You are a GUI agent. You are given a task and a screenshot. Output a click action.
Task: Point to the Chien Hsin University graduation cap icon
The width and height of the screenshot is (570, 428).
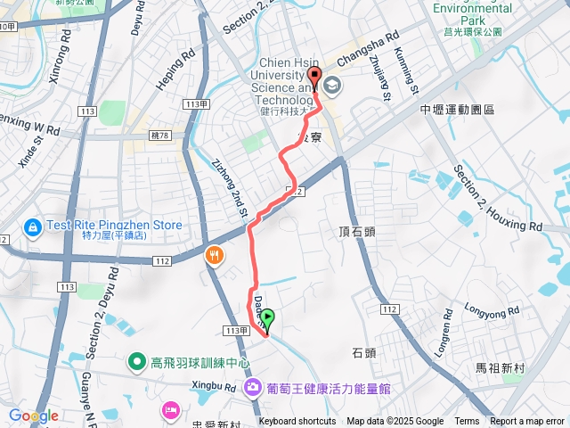[x=333, y=86]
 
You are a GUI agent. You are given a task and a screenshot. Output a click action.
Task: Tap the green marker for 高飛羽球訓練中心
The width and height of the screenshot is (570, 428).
[x=136, y=361]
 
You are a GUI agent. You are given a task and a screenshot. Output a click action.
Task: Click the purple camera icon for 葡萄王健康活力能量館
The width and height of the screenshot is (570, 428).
[x=252, y=387]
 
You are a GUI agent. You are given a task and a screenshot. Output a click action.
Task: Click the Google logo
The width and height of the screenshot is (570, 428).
[x=33, y=416]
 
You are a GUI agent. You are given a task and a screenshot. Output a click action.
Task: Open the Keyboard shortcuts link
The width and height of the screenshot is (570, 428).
[x=297, y=422]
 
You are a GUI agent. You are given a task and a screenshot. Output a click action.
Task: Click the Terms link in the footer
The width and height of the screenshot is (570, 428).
[x=467, y=422]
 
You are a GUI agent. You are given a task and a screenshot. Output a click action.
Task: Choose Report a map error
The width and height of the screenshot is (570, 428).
[x=527, y=422]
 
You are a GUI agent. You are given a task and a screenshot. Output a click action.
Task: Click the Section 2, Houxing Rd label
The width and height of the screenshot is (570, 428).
[x=496, y=198]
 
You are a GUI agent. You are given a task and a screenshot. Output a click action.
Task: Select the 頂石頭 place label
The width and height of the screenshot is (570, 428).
[x=357, y=231]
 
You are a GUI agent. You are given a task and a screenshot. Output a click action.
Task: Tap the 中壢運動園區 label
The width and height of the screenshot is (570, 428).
[x=457, y=109]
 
